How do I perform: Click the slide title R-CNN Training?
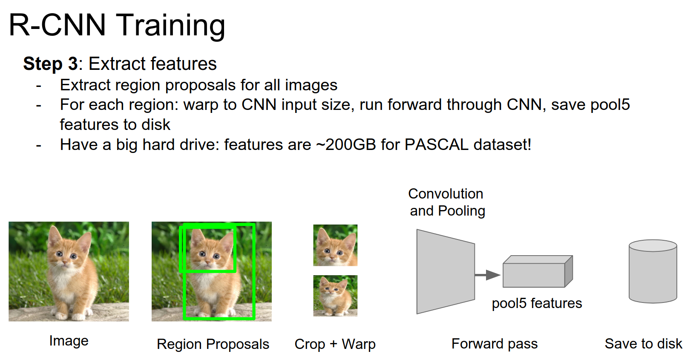click(x=117, y=26)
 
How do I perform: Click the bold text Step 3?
click(x=51, y=64)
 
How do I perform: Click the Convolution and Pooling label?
click(x=446, y=202)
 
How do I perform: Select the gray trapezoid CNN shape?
click(x=446, y=271)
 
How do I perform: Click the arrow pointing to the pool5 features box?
click(x=487, y=275)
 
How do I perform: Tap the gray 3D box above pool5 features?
click(x=538, y=271)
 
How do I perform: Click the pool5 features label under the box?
click(x=537, y=303)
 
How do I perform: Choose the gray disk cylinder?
click(x=653, y=271)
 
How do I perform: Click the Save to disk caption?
click(x=644, y=343)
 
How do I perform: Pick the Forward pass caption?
click(x=494, y=343)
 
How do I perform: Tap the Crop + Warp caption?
click(x=335, y=344)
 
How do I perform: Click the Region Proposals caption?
click(x=213, y=344)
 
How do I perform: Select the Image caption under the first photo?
click(x=69, y=341)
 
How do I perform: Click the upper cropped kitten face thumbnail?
click(x=335, y=245)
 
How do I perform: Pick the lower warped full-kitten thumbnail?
click(x=335, y=296)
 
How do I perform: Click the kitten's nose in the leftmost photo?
click(x=65, y=263)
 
